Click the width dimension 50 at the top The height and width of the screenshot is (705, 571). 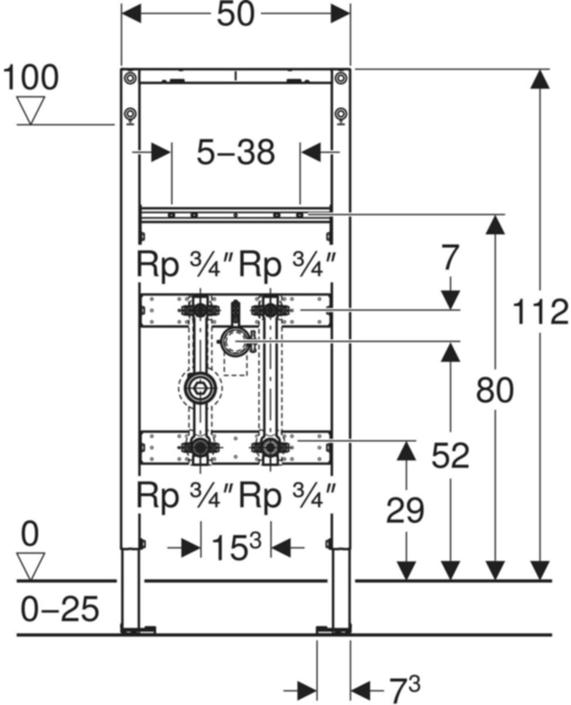tap(236, 15)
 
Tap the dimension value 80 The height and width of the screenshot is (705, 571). tap(495, 390)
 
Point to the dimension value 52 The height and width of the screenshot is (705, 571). tap(450, 455)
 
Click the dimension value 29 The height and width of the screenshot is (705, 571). tap(405, 511)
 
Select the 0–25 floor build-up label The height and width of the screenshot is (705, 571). tap(60, 610)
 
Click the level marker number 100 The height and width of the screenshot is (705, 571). tap(30, 77)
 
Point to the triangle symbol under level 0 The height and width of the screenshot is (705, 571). tap(30, 566)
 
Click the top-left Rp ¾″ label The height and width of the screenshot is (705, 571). tap(180, 265)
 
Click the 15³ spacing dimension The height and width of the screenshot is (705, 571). tap(236, 547)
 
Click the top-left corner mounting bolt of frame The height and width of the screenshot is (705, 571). tap(129, 78)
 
